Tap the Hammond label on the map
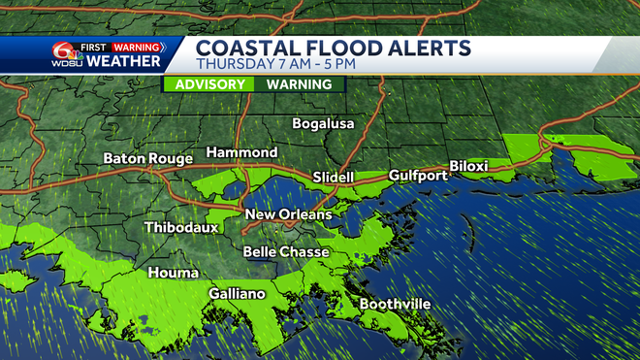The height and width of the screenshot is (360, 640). pos(241,153)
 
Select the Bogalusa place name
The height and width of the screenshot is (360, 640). pos(324,124)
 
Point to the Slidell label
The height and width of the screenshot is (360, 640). pos(334,178)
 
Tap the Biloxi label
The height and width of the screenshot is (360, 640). pos(468,167)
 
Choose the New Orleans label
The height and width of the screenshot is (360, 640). pos(288,214)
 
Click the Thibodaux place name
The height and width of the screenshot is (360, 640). pos(181,228)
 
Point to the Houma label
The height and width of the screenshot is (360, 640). pos(174,274)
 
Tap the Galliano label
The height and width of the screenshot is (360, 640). pos(237,294)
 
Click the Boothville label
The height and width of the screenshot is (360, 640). pos(395,305)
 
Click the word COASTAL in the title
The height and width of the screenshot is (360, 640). pos(248,48)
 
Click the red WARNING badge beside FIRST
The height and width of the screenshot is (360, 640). pos(136,46)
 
